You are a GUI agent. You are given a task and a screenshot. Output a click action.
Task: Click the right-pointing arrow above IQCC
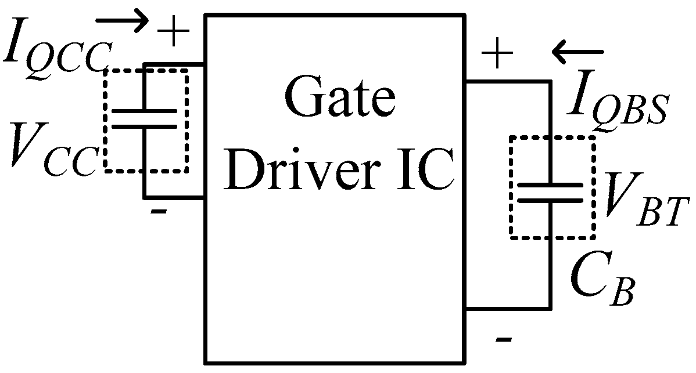[122, 24]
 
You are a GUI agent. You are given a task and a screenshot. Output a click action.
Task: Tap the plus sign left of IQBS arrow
[497, 56]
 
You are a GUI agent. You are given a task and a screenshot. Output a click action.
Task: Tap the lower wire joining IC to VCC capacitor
[174, 198]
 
